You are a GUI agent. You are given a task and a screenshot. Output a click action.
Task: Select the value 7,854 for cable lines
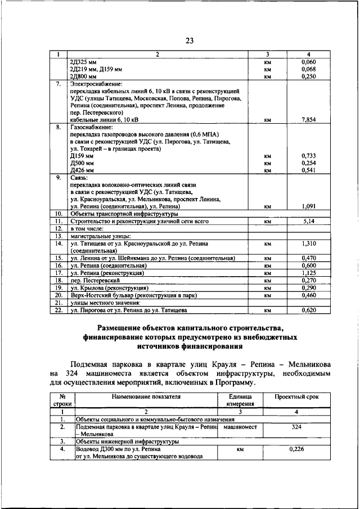coord(308,120)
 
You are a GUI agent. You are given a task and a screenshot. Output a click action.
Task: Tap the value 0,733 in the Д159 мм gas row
coord(308,155)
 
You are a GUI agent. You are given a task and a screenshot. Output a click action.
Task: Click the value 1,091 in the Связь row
coord(308,206)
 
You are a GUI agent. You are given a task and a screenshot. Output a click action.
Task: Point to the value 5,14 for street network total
coord(308,222)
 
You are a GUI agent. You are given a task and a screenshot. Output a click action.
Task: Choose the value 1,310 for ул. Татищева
coord(308,244)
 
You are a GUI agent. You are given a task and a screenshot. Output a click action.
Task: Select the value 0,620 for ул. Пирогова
coord(308,309)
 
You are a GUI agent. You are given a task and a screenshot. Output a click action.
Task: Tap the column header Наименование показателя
coord(146,397)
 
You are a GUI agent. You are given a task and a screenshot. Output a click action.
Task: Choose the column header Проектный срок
coord(296,397)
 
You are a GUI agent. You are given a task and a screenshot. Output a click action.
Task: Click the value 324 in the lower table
coord(296,427)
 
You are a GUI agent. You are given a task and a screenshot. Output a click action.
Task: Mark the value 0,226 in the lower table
coord(296,449)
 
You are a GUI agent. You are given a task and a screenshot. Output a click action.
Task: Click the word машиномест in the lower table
coord(240,427)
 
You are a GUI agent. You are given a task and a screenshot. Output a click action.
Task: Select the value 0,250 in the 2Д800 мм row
coord(308,76)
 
